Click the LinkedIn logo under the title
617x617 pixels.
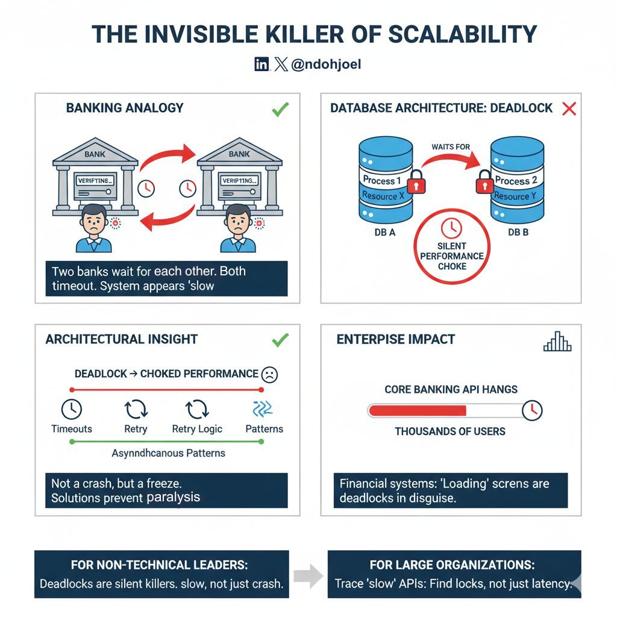click(262, 64)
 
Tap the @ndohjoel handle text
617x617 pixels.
click(326, 64)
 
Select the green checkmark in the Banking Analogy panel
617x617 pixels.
click(280, 109)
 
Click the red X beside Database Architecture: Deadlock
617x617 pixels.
click(569, 109)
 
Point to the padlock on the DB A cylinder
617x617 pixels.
click(415, 181)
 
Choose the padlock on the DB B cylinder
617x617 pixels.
click(485, 181)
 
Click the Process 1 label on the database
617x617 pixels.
click(382, 180)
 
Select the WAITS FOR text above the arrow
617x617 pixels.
click(451, 147)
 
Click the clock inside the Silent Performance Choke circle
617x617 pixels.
click(451, 227)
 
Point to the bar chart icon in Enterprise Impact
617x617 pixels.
click(557, 342)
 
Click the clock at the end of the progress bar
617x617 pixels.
click(532, 410)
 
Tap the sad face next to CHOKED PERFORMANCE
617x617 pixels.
click(269, 374)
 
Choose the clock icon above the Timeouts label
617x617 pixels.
click(72, 409)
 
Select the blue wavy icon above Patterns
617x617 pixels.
click(263, 409)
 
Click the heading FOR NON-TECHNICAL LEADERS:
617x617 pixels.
click(160, 565)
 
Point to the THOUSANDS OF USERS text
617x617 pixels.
click(450, 431)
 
